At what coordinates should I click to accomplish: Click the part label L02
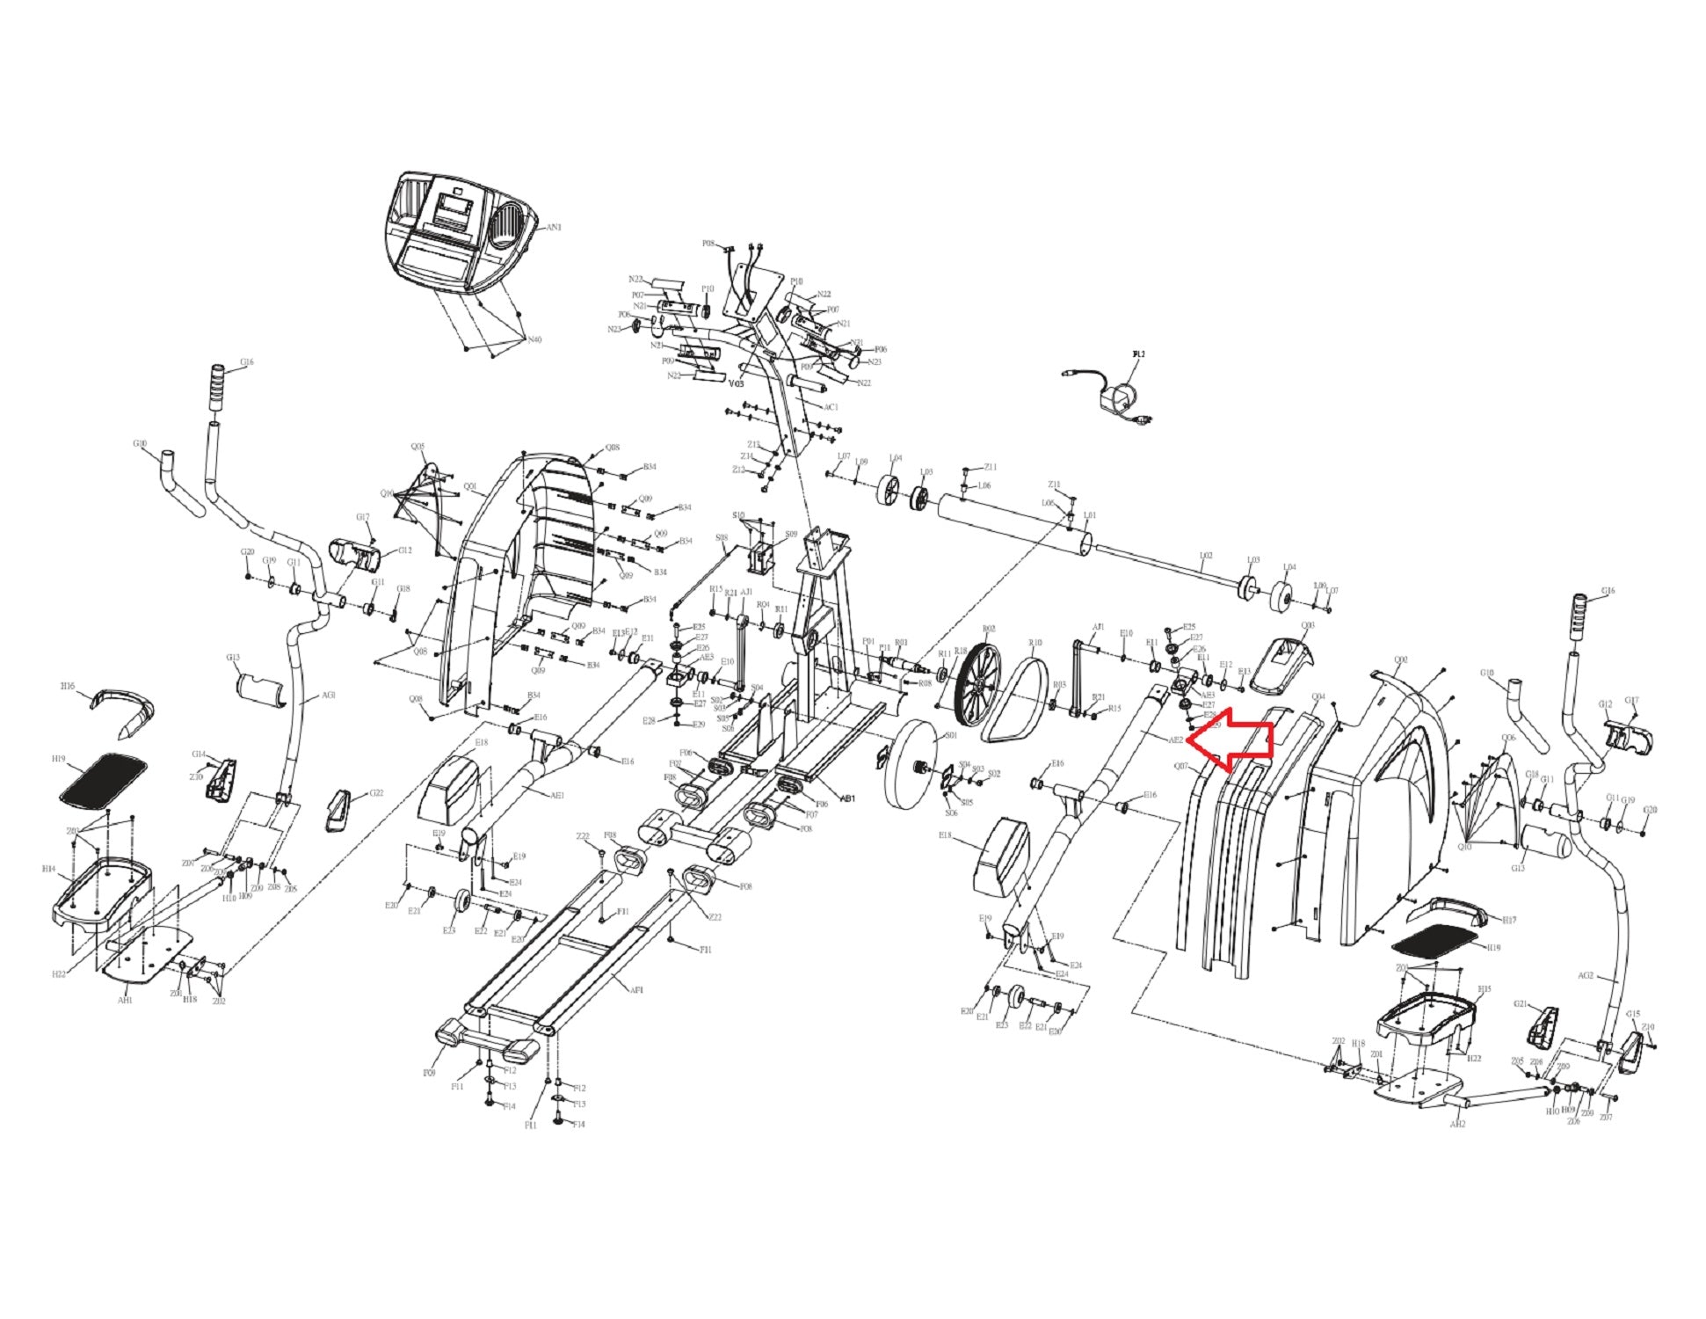click(x=1206, y=556)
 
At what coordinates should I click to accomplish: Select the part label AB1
click(x=847, y=798)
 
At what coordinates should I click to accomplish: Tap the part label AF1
click(x=636, y=990)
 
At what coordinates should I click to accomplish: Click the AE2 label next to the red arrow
click(x=1175, y=740)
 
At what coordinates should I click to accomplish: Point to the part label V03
click(x=737, y=383)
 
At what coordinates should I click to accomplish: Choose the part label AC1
click(x=831, y=407)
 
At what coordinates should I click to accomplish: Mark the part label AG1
click(x=328, y=695)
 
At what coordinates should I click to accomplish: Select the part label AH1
click(x=125, y=1000)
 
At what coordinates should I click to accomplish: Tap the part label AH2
click(x=1457, y=1124)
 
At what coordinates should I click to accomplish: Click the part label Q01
click(x=470, y=486)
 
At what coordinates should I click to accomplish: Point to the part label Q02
click(x=1401, y=659)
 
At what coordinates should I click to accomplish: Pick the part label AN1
click(x=554, y=227)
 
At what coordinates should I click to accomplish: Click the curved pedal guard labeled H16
click(x=123, y=709)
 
